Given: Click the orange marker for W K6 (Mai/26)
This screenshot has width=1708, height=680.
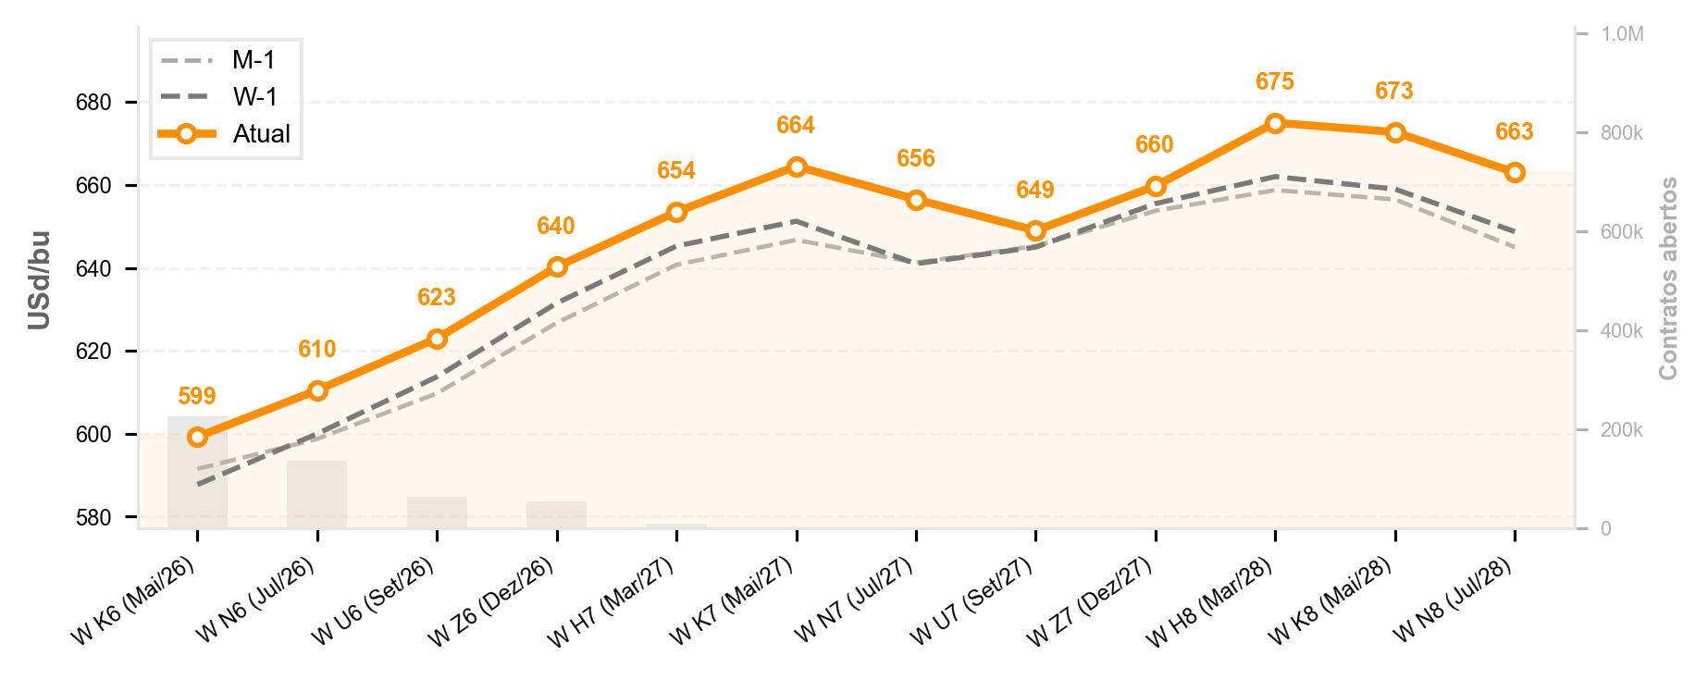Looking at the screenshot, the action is pos(197,437).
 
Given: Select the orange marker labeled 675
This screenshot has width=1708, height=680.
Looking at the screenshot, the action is pos(1275,123).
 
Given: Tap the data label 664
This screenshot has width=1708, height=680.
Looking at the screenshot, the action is pos(796,125).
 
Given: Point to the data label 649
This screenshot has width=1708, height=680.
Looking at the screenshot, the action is pos(1035,190).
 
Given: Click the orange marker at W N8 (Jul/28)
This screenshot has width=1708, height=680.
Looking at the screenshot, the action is pos(1515,172).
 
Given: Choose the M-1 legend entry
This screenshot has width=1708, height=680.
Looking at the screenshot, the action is pos(218,60).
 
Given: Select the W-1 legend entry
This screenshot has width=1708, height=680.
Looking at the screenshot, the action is pos(218,96).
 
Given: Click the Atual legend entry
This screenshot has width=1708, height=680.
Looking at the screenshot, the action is pos(225,133).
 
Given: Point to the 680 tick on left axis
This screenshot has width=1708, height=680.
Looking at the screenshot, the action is pos(93,103).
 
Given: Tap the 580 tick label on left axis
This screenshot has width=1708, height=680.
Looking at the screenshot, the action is pos(93,517).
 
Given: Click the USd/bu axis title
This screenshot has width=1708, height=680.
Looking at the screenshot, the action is pos(39,280).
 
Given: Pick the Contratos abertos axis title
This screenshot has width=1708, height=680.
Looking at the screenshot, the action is pos(1668,278).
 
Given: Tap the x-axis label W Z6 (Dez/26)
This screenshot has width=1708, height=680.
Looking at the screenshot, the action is pos(490,601).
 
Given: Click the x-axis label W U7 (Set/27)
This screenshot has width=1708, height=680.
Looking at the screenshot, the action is pos(972,601).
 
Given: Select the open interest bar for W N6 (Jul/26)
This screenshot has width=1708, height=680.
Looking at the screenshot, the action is pos(316,494).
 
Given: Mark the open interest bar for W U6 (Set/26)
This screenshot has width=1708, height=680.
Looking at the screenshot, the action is pos(437,513).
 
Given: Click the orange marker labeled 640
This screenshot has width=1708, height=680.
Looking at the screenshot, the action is pos(557,266).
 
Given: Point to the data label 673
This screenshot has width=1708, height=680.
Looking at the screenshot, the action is pos(1394,91).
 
